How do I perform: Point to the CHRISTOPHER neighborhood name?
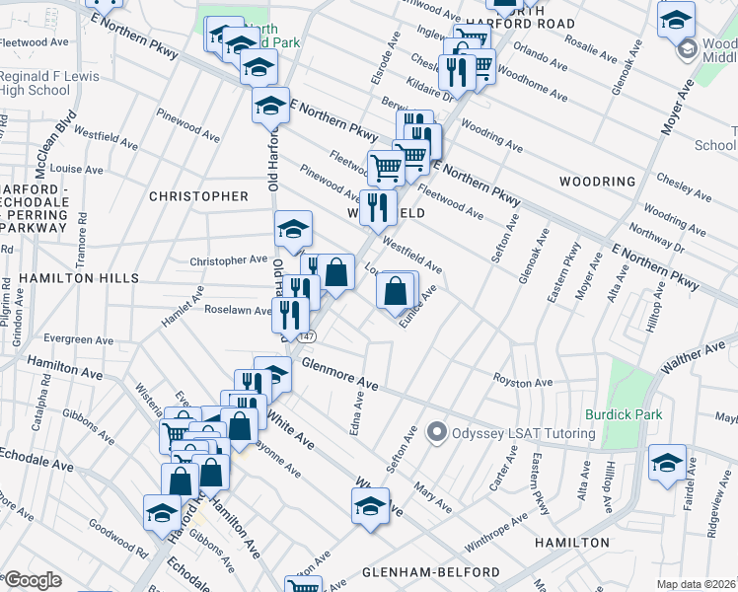click(198, 196)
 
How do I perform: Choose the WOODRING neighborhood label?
click(597, 182)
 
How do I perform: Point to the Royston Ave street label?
click(523, 381)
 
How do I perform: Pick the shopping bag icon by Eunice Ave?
click(395, 291)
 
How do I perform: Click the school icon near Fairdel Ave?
click(667, 463)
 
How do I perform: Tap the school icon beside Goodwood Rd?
click(161, 511)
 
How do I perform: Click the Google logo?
click(33, 580)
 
